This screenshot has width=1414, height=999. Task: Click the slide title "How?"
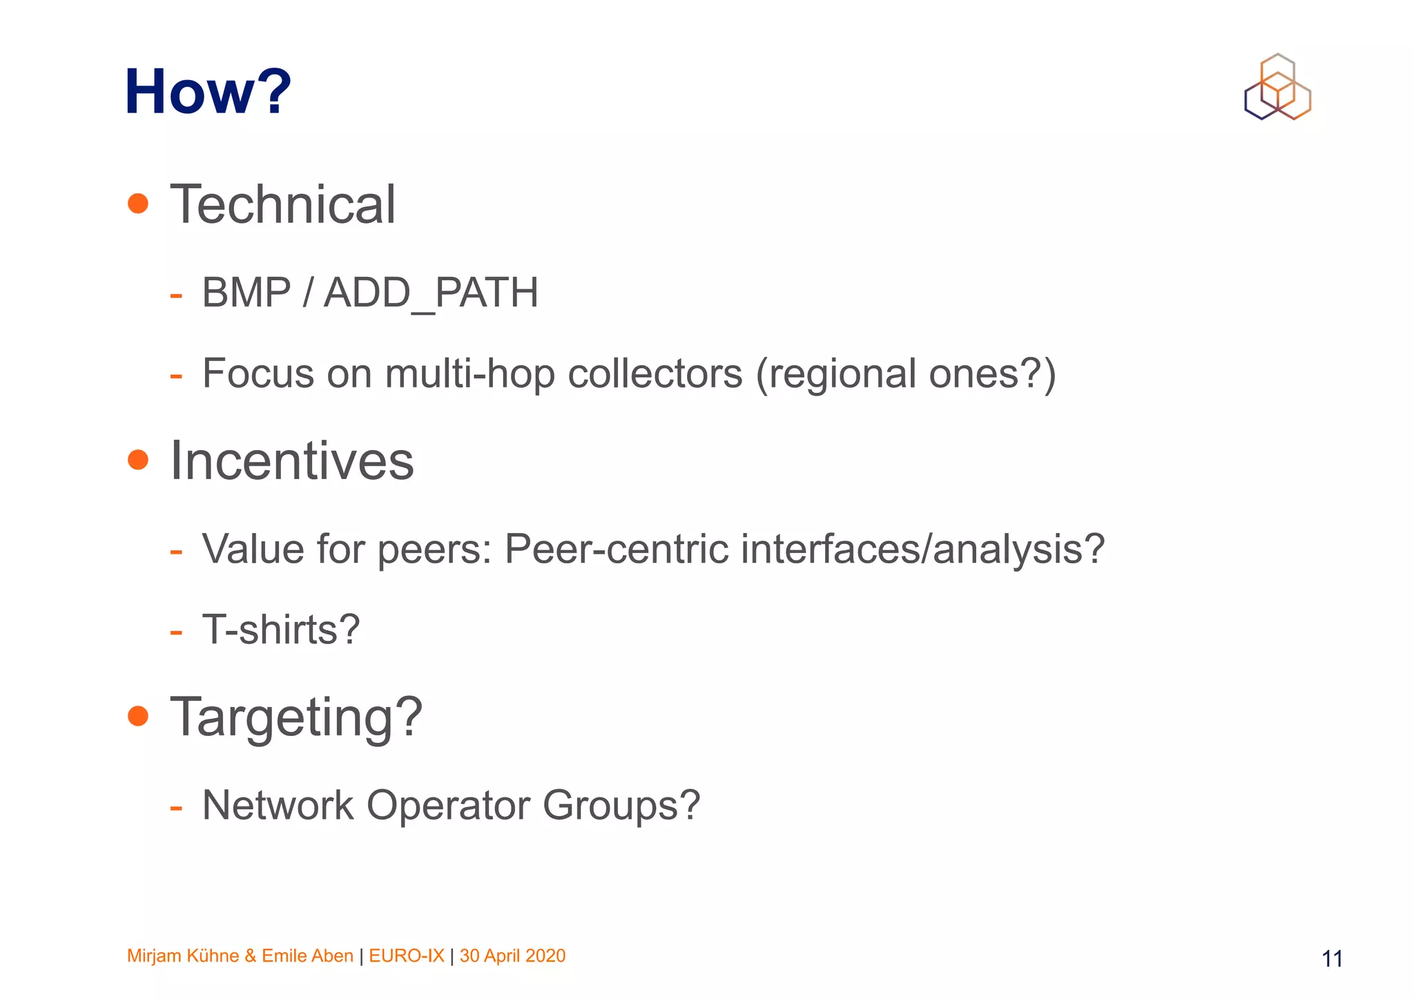coord(208,92)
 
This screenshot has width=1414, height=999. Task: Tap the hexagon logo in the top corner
coord(1277,87)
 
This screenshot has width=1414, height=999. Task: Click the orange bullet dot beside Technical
coord(138,204)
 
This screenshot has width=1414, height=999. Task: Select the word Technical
coord(283,205)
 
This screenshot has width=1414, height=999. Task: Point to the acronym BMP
coord(246,293)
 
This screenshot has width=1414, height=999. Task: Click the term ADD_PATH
coord(431,293)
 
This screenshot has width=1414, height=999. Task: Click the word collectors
coord(655,374)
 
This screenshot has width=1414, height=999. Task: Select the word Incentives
coord(292,461)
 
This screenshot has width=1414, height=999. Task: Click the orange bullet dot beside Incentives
coord(138,460)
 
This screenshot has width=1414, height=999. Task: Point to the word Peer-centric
coord(617,550)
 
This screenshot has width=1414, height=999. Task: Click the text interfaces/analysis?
coord(923,550)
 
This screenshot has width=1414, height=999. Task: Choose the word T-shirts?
coord(281,630)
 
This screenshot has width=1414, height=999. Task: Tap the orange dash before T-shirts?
coord(176,632)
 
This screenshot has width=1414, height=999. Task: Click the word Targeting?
coord(296,718)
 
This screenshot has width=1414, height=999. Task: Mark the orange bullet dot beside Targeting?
coord(138,716)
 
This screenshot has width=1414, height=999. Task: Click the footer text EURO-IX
coord(407,956)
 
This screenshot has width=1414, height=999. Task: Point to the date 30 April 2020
coord(512,956)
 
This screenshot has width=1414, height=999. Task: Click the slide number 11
coord(1332,959)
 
